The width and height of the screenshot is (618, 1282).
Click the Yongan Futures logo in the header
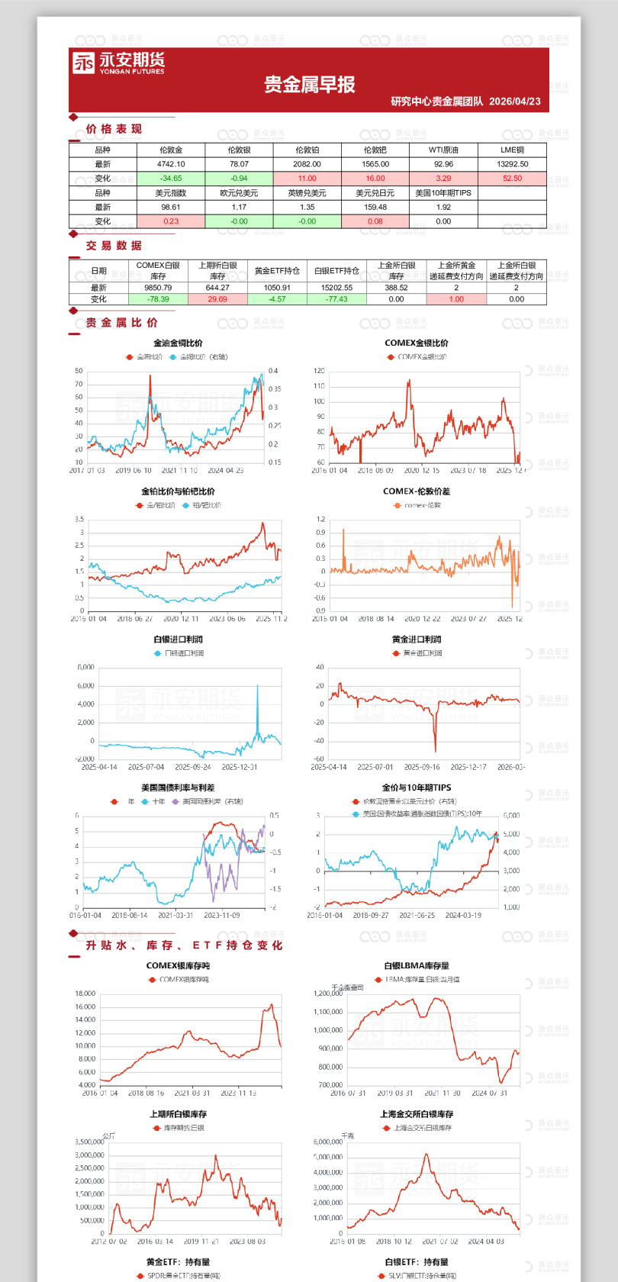pyautogui.click(x=118, y=63)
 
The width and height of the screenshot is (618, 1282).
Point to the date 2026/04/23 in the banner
pyautogui.click(x=515, y=101)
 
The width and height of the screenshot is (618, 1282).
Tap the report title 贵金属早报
pyautogui.click(x=310, y=85)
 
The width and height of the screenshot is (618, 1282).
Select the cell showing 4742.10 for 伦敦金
pyautogui.click(x=171, y=164)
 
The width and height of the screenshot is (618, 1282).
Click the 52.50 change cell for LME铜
pyautogui.click(x=512, y=179)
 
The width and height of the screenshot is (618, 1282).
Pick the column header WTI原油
pyautogui.click(x=443, y=150)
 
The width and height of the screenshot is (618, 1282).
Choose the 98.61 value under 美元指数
pyautogui.click(x=171, y=207)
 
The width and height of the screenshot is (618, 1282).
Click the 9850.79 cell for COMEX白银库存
pyautogui.click(x=158, y=288)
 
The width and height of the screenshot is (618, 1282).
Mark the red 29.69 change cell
pyautogui.click(x=217, y=299)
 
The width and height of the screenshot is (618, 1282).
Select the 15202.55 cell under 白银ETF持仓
pyautogui.click(x=336, y=288)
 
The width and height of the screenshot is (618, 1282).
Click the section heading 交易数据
pyautogui.click(x=114, y=246)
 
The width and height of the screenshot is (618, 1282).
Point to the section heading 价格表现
pyautogui.click(x=114, y=129)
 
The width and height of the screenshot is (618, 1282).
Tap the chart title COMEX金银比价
pyautogui.click(x=416, y=343)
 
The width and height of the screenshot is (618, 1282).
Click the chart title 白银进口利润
pyautogui.click(x=178, y=639)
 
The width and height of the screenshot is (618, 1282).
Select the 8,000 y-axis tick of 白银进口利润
pyautogui.click(x=86, y=668)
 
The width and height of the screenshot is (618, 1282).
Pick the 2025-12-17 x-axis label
pyautogui.click(x=468, y=767)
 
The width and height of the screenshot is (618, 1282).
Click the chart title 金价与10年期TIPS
pyautogui.click(x=416, y=788)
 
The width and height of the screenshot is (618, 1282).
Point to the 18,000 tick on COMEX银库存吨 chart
pyautogui.click(x=85, y=994)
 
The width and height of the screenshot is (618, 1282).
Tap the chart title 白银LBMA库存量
pyautogui.click(x=416, y=965)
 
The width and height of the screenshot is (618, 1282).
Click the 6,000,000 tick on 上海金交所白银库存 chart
pyautogui.click(x=328, y=1142)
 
